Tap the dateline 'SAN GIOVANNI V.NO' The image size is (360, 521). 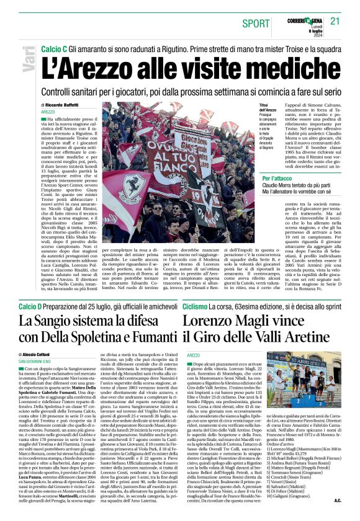[40, 360]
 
